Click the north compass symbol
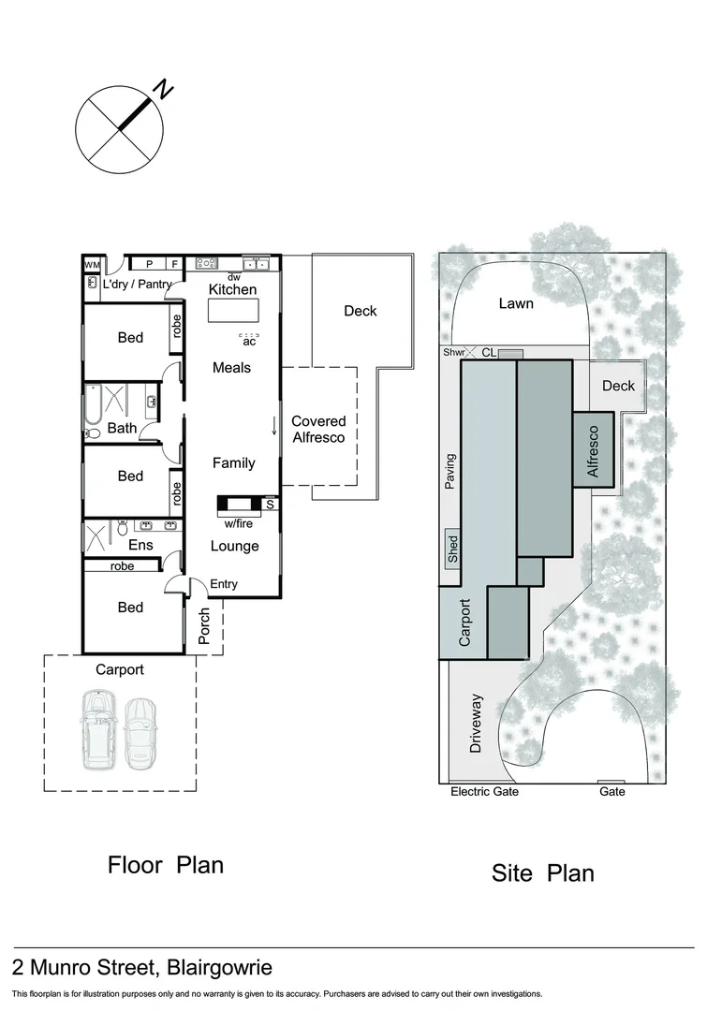tap(119, 125)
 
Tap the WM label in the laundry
tap(91, 265)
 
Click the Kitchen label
tap(232, 289)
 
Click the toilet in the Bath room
tap(92, 433)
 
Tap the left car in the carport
tap(97, 729)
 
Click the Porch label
tap(205, 627)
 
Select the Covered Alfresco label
tap(318, 429)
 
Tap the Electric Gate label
tap(484, 792)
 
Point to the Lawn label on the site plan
tap(516, 303)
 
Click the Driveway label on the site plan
tap(476, 725)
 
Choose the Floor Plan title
tap(166, 864)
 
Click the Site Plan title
tap(542, 873)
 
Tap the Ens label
tap(140, 544)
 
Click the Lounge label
tap(234, 546)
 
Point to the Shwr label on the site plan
tap(454, 353)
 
